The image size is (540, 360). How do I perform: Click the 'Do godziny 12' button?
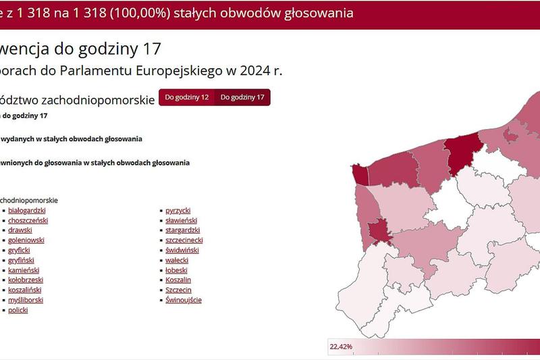186,97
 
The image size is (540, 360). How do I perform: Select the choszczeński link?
28,220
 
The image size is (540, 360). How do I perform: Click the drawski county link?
20,230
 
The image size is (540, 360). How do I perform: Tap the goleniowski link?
26,240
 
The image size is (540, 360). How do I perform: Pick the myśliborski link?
26,300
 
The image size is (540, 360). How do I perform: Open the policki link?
18,310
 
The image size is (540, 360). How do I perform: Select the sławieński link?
181,220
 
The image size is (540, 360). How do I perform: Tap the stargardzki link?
182,230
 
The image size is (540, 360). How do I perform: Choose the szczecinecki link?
184,240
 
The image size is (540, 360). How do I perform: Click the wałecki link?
177,260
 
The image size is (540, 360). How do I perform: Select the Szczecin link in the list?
178,290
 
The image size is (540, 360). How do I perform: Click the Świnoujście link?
184,300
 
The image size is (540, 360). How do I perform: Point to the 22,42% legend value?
340,346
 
